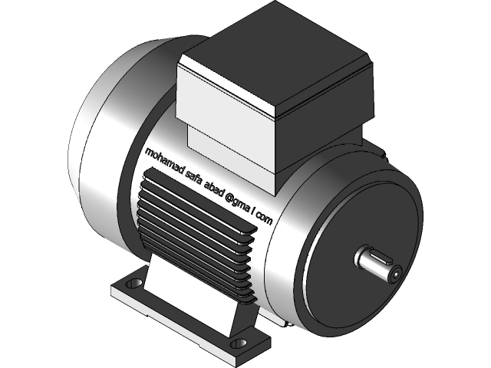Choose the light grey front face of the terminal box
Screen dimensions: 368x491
point(226,96)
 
